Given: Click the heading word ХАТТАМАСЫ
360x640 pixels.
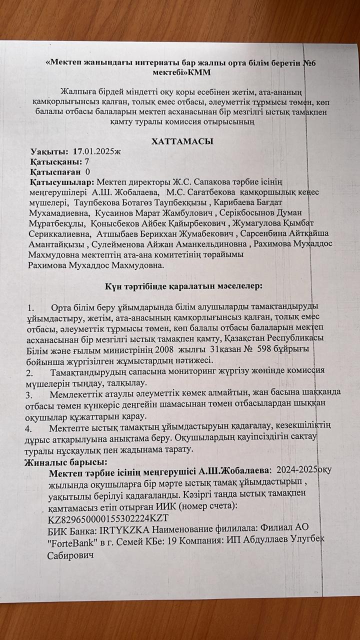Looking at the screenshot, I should pos(182,141).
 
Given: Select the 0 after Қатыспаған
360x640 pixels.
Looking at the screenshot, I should pos(88,171).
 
